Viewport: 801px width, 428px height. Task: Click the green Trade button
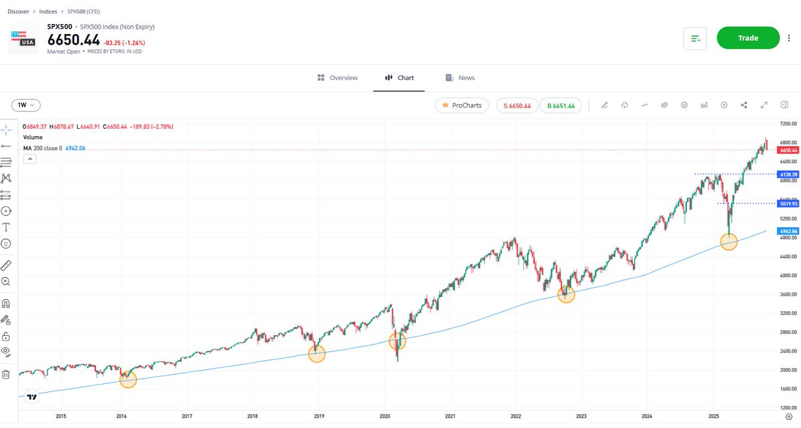tap(748, 38)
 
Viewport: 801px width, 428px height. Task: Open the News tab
tap(461, 78)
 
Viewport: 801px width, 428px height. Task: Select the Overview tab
tap(338, 78)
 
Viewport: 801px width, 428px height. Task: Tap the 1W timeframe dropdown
tap(26, 105)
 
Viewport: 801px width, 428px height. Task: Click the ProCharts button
tap(462, 105)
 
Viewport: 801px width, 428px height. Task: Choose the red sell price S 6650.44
tap(517, 105)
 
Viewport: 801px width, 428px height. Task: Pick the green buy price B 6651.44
tap(561, 105)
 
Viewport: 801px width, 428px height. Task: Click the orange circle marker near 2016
tap(127, 380)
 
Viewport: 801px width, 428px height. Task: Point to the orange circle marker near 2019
tap(317, 354)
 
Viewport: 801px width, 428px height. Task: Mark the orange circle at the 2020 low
tap(398, 341)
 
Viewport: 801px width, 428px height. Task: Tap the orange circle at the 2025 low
tap(729, 242)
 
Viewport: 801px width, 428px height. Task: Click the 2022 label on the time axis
tap(515, 416)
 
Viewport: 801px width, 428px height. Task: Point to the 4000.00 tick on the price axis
tap(788, 275)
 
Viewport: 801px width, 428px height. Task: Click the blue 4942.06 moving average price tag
tap(788, 231)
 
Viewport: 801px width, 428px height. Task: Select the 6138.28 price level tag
tap(788, 174)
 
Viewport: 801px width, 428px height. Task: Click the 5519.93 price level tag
tap(788, 203)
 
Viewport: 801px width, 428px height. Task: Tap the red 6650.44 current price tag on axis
tap(788, 150)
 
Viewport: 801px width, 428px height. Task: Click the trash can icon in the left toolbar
tap(6, 375)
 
